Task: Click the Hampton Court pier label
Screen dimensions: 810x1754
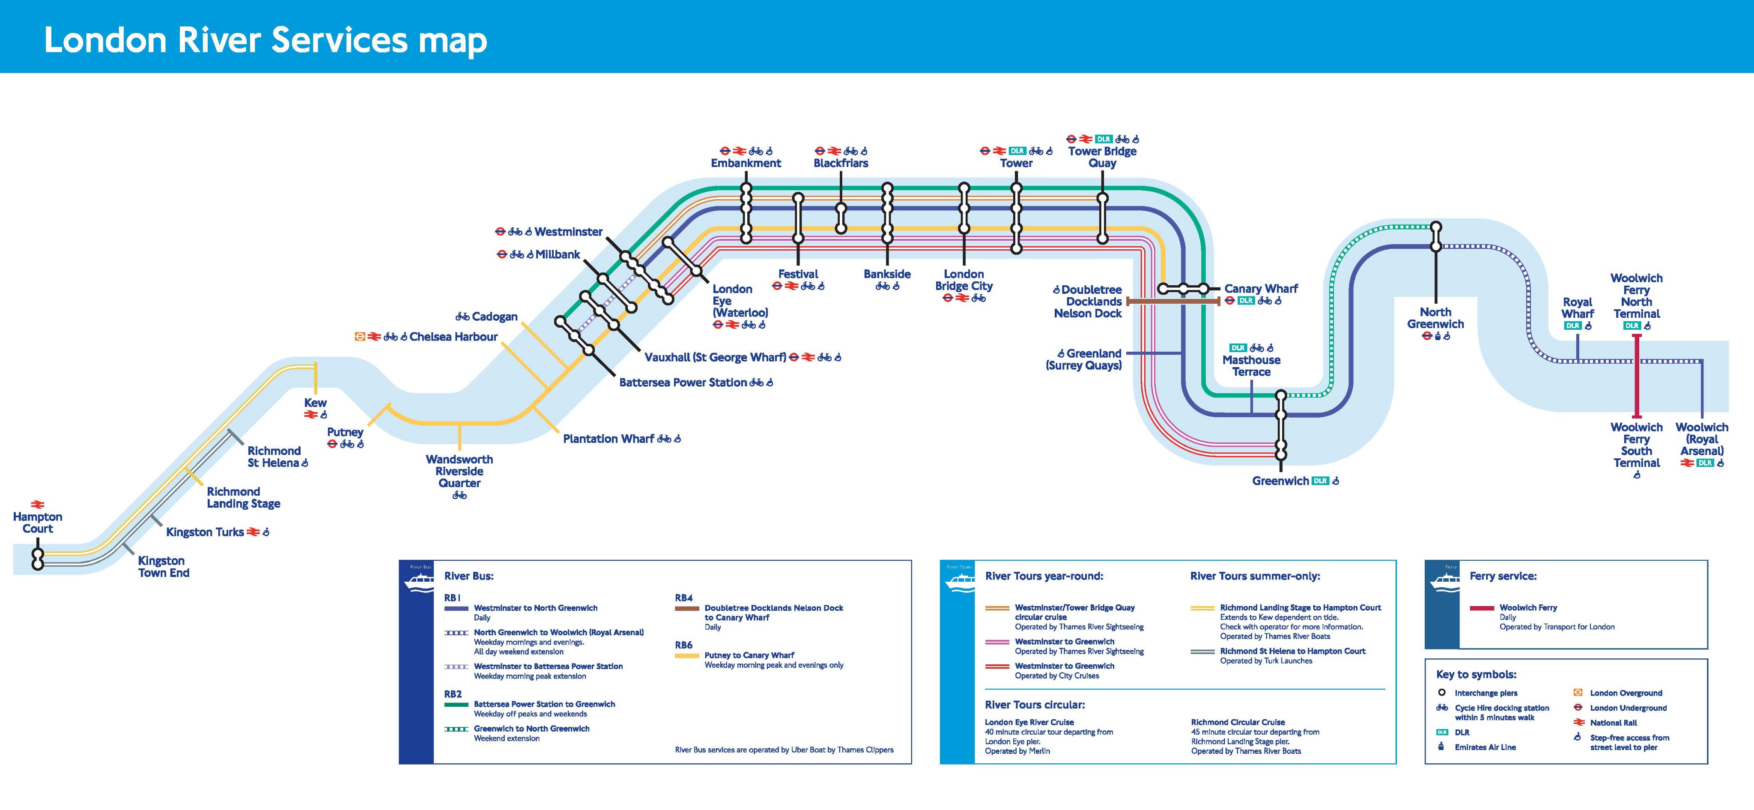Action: (37, 523)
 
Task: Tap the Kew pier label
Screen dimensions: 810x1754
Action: (315, 403)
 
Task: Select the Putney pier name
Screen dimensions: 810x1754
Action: (345, 432)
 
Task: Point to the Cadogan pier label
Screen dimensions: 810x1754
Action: (494, 317)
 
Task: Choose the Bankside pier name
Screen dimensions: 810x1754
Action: (886, 274)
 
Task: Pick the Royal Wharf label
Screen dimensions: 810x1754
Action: (1577, 307)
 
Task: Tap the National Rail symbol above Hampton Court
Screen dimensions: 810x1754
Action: (37, 505)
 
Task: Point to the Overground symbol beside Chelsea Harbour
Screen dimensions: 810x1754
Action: (360, 337)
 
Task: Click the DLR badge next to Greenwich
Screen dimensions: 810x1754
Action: (1320, 481)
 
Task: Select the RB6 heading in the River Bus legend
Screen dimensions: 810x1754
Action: (683, 645)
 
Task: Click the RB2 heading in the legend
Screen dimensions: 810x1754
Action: (453, 694)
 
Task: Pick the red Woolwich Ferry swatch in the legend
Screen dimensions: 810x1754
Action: (1482, 608)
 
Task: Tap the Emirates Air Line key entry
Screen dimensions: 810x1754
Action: (1485, 747)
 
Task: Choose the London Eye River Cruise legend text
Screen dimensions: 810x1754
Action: (1029, 722)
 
